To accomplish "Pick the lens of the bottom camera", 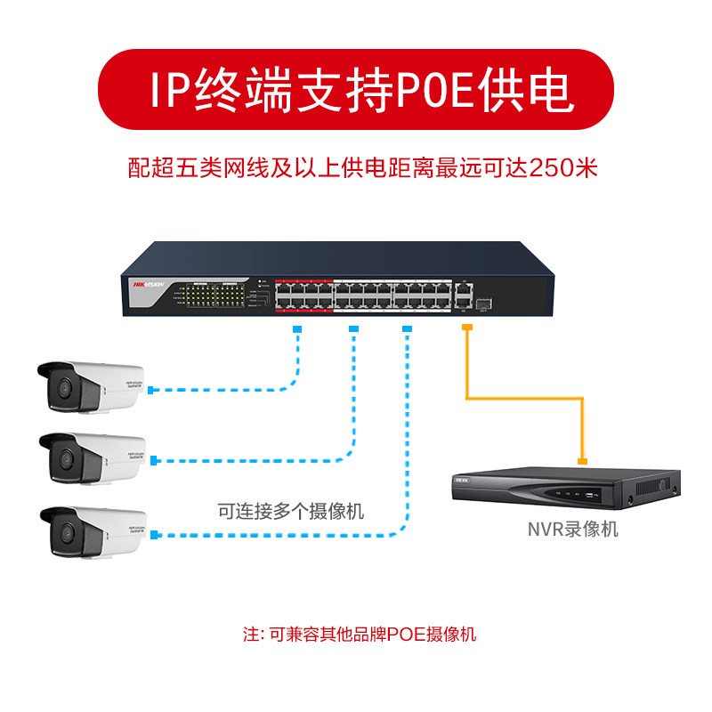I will pos(65,532).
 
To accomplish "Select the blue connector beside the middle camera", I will pos(156,461).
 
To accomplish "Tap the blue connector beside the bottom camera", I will pos(156,535).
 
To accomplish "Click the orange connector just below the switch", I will pos(465,329).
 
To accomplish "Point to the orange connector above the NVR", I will pos(583,461).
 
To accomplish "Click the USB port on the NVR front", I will pos(588,493).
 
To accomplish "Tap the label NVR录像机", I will pos(572,530).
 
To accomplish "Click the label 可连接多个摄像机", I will pos(291,512).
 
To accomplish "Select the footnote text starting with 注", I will pos(360,635).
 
